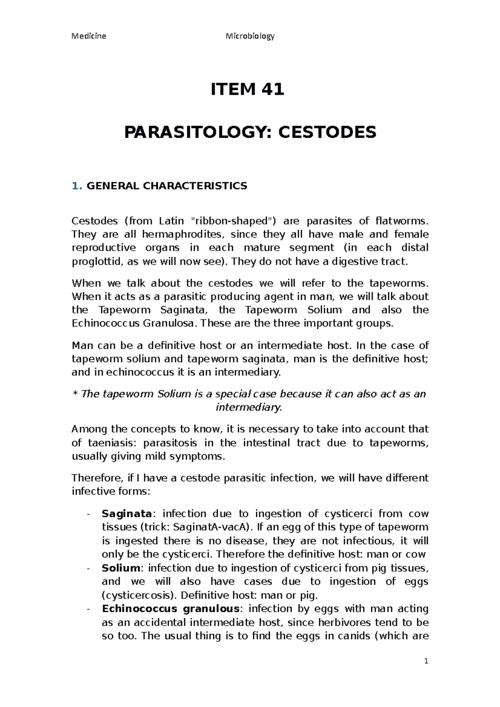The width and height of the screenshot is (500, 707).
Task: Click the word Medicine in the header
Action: tap(89, 36)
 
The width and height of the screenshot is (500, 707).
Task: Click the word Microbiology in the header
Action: tap(250, 36)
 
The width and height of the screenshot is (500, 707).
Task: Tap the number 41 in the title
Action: tap(270, 90)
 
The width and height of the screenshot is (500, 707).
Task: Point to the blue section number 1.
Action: tap(75, 186)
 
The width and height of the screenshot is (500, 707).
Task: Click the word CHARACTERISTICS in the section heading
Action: tap(195, 186)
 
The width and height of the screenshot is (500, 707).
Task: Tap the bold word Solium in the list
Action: tap(121, 568)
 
